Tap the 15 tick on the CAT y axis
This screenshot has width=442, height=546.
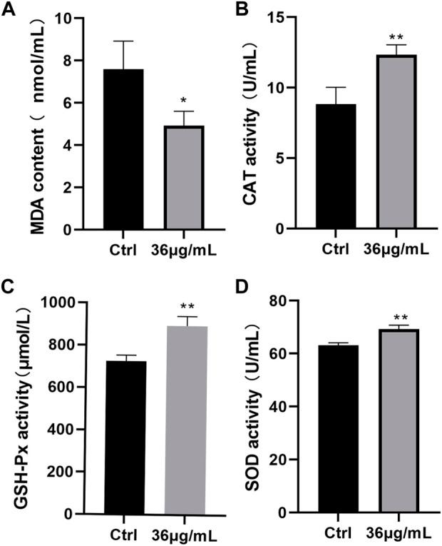(x=292, y=18)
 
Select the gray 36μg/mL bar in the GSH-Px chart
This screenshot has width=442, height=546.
(x=187, y=420)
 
